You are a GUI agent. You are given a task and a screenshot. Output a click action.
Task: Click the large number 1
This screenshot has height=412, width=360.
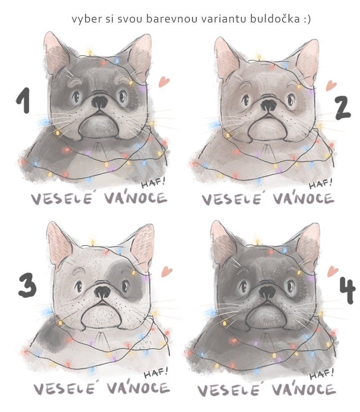pos(24,100)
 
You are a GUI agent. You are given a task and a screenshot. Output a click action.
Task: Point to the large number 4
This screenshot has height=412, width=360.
pos(347,291)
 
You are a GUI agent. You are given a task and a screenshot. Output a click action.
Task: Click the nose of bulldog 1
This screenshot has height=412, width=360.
pos(99,102)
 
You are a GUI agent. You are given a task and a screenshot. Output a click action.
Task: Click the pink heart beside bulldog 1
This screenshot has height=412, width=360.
pos(164,81)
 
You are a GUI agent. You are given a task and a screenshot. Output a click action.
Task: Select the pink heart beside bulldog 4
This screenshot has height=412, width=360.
pos(333,271)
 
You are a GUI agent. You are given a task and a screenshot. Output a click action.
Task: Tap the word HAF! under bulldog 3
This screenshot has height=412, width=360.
pos(156,372)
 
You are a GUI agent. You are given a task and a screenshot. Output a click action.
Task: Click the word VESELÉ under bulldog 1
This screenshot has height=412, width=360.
pos(62,199)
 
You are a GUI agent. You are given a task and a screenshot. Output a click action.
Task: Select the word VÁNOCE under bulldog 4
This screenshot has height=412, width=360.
pos(304,389)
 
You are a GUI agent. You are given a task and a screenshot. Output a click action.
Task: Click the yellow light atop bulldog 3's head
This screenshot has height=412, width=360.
pos(92,242)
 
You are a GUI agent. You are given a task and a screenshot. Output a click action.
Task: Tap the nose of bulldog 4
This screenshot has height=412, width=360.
pos(268,291)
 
